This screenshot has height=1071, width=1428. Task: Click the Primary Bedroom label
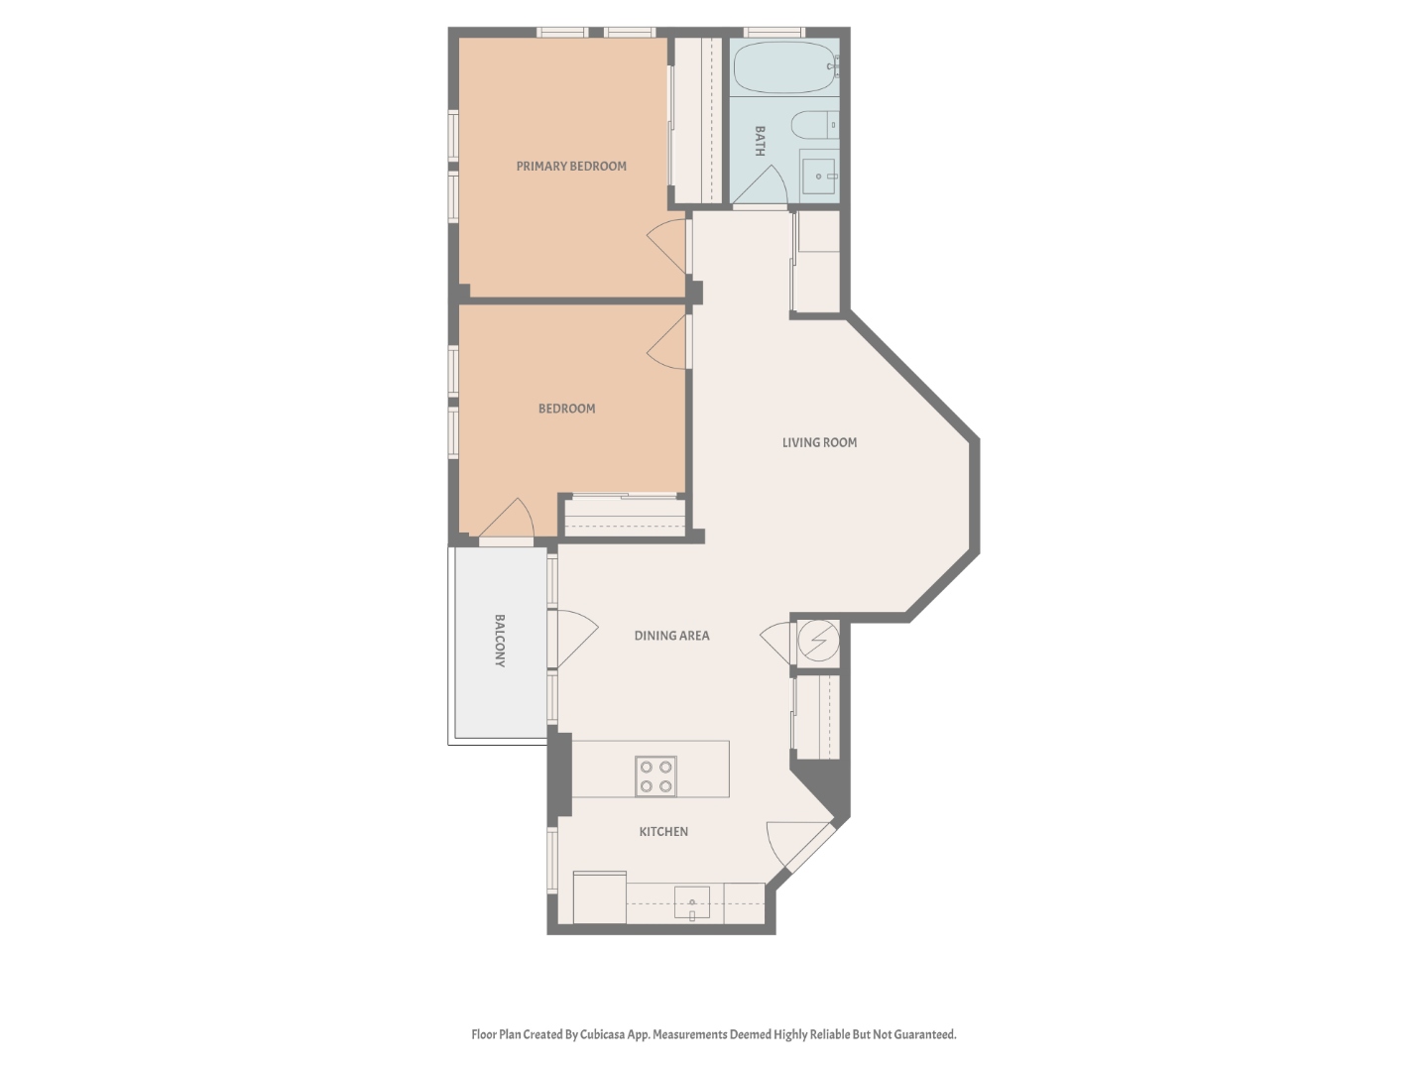tap(571, 167)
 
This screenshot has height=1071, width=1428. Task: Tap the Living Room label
tap(819, 442)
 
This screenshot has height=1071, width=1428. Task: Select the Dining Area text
tap(671, 636)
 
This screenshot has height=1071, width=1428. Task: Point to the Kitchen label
tap(663, 832)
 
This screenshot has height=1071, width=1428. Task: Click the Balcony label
tap(500, 641)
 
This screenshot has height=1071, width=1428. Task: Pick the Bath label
tap(760, 141)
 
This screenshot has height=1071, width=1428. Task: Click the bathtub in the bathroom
tap(784, 66)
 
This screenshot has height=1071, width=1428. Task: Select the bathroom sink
tap(819, 177)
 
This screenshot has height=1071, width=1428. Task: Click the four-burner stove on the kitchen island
tap(655, 776)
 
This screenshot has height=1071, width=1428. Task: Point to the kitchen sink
tap(692, 903)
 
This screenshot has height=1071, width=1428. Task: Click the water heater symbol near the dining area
tap(819, 641)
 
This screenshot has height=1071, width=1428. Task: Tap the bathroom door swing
tap(766, 186)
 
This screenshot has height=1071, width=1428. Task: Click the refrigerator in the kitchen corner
tap(600, 897)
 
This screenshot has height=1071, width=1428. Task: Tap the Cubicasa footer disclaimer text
tap(714, 1034)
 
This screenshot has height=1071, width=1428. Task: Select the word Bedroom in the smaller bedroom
tap(566, 409)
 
